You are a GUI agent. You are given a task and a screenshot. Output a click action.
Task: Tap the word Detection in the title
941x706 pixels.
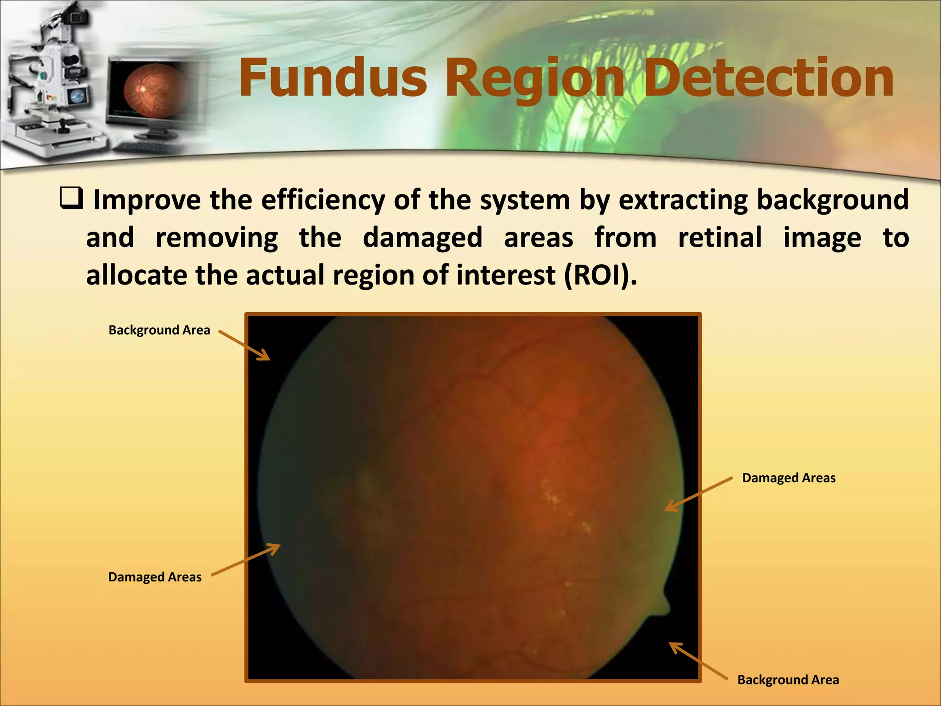click(768, 78)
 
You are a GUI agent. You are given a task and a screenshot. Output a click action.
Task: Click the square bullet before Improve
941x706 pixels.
click(72, 199)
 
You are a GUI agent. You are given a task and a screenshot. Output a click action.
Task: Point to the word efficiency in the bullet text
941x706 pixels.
click(323, 200)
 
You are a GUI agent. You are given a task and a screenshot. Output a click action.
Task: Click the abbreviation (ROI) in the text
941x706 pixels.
click(600, 275)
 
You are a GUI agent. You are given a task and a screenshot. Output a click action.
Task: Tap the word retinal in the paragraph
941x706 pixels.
click(720, 238)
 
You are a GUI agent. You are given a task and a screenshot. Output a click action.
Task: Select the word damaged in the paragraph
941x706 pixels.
click(422, 238)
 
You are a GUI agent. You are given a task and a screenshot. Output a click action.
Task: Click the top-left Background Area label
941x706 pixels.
click(159, 330)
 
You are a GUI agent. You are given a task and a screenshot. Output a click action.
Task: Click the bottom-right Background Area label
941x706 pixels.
click(788, 680)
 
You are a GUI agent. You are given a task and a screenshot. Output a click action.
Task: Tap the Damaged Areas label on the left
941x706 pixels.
click(155, 577)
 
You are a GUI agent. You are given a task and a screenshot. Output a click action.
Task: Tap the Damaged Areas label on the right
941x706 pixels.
click(788, 478)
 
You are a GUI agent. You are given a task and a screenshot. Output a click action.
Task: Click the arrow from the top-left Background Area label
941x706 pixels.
click(244, 345)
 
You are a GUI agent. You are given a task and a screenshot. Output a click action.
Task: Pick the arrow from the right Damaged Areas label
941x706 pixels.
click(698, 494)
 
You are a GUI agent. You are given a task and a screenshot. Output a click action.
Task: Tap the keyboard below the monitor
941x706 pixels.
click(145, 148)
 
